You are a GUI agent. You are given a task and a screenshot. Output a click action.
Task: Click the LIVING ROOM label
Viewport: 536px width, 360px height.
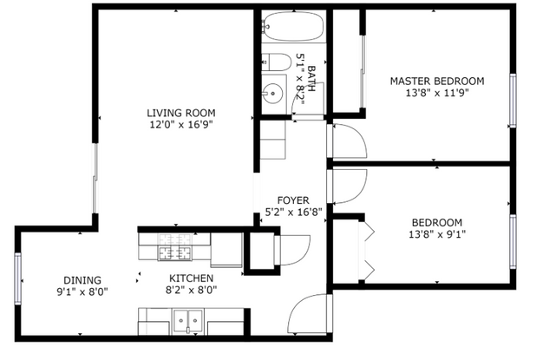tap(180, 113)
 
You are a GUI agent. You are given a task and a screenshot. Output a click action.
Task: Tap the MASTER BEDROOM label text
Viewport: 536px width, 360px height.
tap(436, 81)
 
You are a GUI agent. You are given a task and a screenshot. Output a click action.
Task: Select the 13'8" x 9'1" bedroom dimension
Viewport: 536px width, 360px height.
tap(436, 233)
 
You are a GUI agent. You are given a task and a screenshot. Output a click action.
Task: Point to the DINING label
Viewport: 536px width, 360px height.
tap(82, 280)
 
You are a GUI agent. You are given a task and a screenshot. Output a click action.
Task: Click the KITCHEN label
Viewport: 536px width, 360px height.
tap(191, 278)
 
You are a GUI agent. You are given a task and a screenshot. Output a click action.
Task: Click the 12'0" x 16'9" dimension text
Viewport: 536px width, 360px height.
tap(180, 125)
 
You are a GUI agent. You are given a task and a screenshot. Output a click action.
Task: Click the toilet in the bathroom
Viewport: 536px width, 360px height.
tap(277, 62)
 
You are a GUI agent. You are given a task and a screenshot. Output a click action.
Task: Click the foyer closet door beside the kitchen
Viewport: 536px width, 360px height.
tap(286, 250)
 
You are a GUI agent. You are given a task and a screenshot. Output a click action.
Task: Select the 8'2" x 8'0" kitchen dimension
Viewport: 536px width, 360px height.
tap(191, 291)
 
